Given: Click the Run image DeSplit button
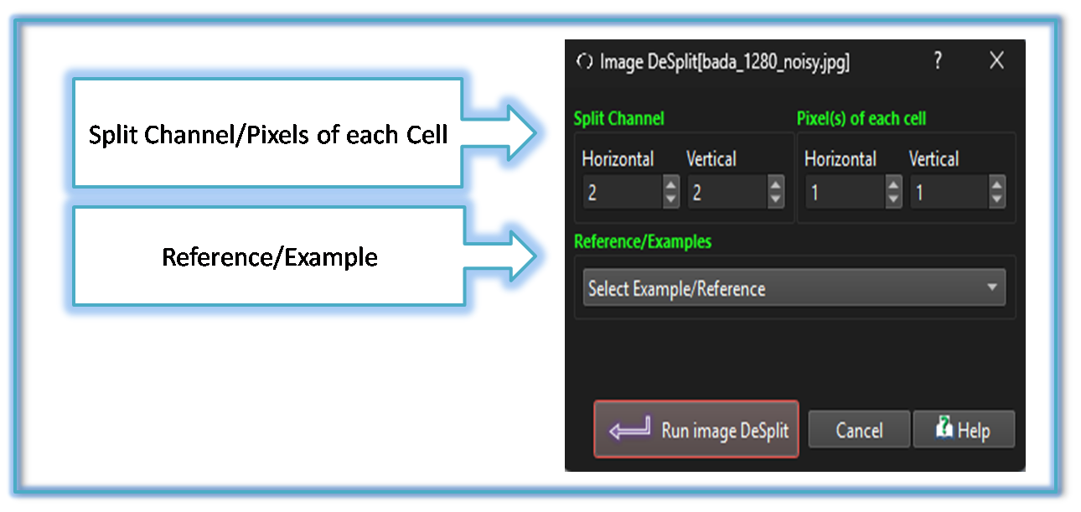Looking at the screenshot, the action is tap(696, 429).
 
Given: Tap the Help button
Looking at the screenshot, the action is tap(964, 429).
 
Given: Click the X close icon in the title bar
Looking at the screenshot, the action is tap(996, 61).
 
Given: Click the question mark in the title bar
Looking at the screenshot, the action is tap(938, 60).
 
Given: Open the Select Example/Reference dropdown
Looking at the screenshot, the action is tap(794, 287).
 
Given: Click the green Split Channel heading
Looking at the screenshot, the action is tap(618, 118).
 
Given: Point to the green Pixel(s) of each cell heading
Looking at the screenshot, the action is tap(861, 118).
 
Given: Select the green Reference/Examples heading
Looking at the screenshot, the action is tap(643, 241).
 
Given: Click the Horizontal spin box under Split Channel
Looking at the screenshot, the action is tap(623, 192).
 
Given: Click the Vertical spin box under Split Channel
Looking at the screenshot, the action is tap(727, 192).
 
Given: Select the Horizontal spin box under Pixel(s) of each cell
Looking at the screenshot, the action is tap(845, 192).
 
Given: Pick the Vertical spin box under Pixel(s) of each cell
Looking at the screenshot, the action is tap(949, 192).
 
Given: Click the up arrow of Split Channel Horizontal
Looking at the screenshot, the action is tap(670, 184).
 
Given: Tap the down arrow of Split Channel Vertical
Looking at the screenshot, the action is tap(775, 199).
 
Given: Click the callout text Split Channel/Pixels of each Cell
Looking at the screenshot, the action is tap(268, 135).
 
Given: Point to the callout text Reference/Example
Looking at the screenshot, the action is tap(270, 256).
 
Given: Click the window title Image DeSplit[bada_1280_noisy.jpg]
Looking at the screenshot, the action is tap(725, 62).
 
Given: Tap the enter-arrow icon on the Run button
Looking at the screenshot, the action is tap(630, 427).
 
